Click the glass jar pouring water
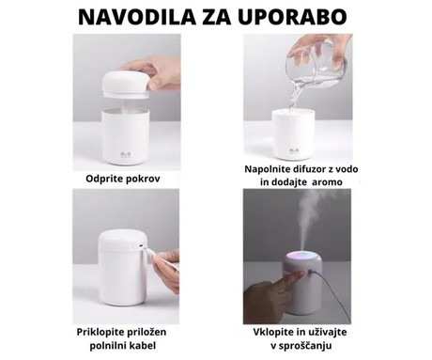point(319,57)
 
